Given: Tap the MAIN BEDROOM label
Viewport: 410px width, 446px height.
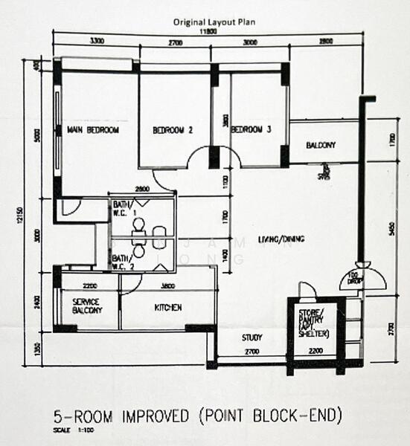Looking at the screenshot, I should point(93,130).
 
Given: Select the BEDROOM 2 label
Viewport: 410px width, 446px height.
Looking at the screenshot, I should point(173,130).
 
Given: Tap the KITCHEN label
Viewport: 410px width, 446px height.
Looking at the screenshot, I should point(168,307).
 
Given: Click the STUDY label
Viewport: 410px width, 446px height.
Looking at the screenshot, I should point(252,338).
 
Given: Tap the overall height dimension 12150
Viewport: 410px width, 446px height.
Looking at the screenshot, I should point(25,216).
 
